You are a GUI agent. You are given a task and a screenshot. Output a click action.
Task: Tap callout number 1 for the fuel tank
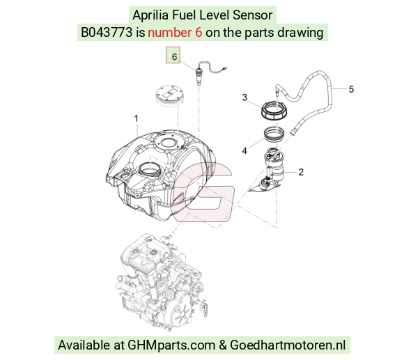tap(136, 118)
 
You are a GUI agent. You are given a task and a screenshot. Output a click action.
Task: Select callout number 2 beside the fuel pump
tap(301, 172)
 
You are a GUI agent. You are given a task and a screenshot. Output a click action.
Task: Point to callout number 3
tap(244, 97)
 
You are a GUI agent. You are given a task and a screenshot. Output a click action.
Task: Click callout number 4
tap(244, 150)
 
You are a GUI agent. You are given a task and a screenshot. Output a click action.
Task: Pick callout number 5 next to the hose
tap(351, 89)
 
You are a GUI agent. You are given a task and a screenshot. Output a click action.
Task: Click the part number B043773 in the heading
tap(107, 33)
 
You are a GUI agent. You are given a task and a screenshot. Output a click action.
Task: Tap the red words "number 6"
tap(175, 33)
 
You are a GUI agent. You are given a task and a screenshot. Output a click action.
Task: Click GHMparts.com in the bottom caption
tap(171, 345)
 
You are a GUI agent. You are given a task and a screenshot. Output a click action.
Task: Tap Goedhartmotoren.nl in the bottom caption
tap(288, 345)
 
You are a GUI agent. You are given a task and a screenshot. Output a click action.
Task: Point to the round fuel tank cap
tap(169, 95)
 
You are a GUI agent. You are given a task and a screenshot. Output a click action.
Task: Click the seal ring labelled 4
tap(274, 134)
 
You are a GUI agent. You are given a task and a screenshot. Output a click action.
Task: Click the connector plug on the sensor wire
tap(225, 68)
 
